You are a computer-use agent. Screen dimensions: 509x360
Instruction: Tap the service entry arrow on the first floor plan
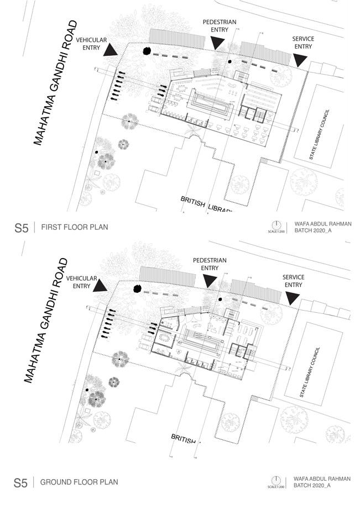click(x=301, y=60)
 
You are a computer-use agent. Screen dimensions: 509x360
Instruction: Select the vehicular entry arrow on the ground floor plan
click(x=101, y=286)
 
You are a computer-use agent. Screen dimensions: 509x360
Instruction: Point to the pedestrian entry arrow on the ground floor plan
click(x=209, y=281)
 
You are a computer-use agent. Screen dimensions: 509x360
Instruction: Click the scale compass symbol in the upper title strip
click(x=276, y=225)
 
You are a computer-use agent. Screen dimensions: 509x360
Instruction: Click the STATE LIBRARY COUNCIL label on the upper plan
click(x=321, y=135)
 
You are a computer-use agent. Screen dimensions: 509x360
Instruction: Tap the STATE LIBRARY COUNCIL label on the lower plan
click(x=310, y=374)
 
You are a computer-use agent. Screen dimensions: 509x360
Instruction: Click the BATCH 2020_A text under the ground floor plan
click(x=312, y=486)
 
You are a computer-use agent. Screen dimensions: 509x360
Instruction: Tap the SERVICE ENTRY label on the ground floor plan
click(x=294, y=281)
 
